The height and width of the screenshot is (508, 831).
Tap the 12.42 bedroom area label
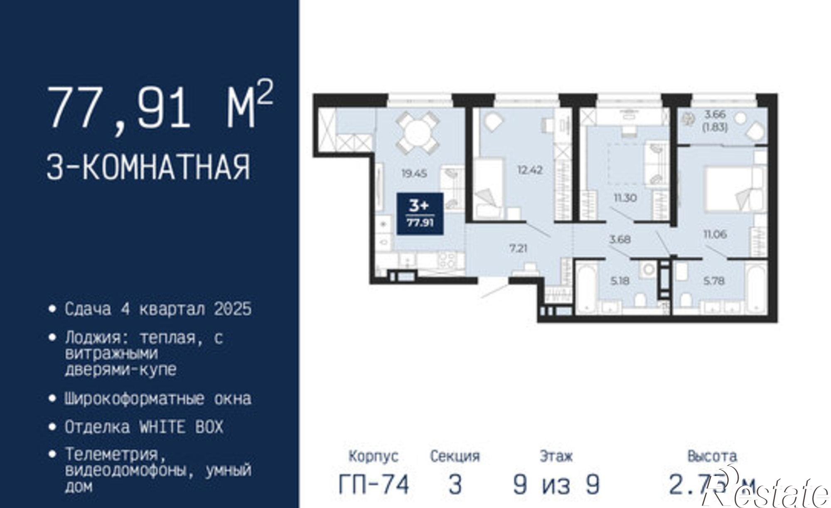tap(530, 170)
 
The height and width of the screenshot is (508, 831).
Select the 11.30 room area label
tap(625, 198)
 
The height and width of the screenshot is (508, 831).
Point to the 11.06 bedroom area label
tap(715, 235)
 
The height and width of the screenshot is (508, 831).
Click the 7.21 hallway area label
tap(518, 249)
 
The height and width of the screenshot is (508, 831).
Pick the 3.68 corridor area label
tap(620, 240)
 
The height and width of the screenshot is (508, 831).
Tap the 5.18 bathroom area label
tap(620, 281)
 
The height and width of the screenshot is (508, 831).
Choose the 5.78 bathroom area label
tap(714, 281)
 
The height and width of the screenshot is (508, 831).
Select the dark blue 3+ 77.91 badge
tap(420, 214)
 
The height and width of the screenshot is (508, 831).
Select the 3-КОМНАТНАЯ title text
tap(149, 167)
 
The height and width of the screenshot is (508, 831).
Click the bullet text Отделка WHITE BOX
tap(144, 427)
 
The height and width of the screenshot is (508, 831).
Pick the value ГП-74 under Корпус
tap(374, 484)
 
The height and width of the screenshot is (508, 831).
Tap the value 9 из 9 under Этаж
tap(556, 484)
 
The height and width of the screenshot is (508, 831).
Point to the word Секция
tap(455, 456)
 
